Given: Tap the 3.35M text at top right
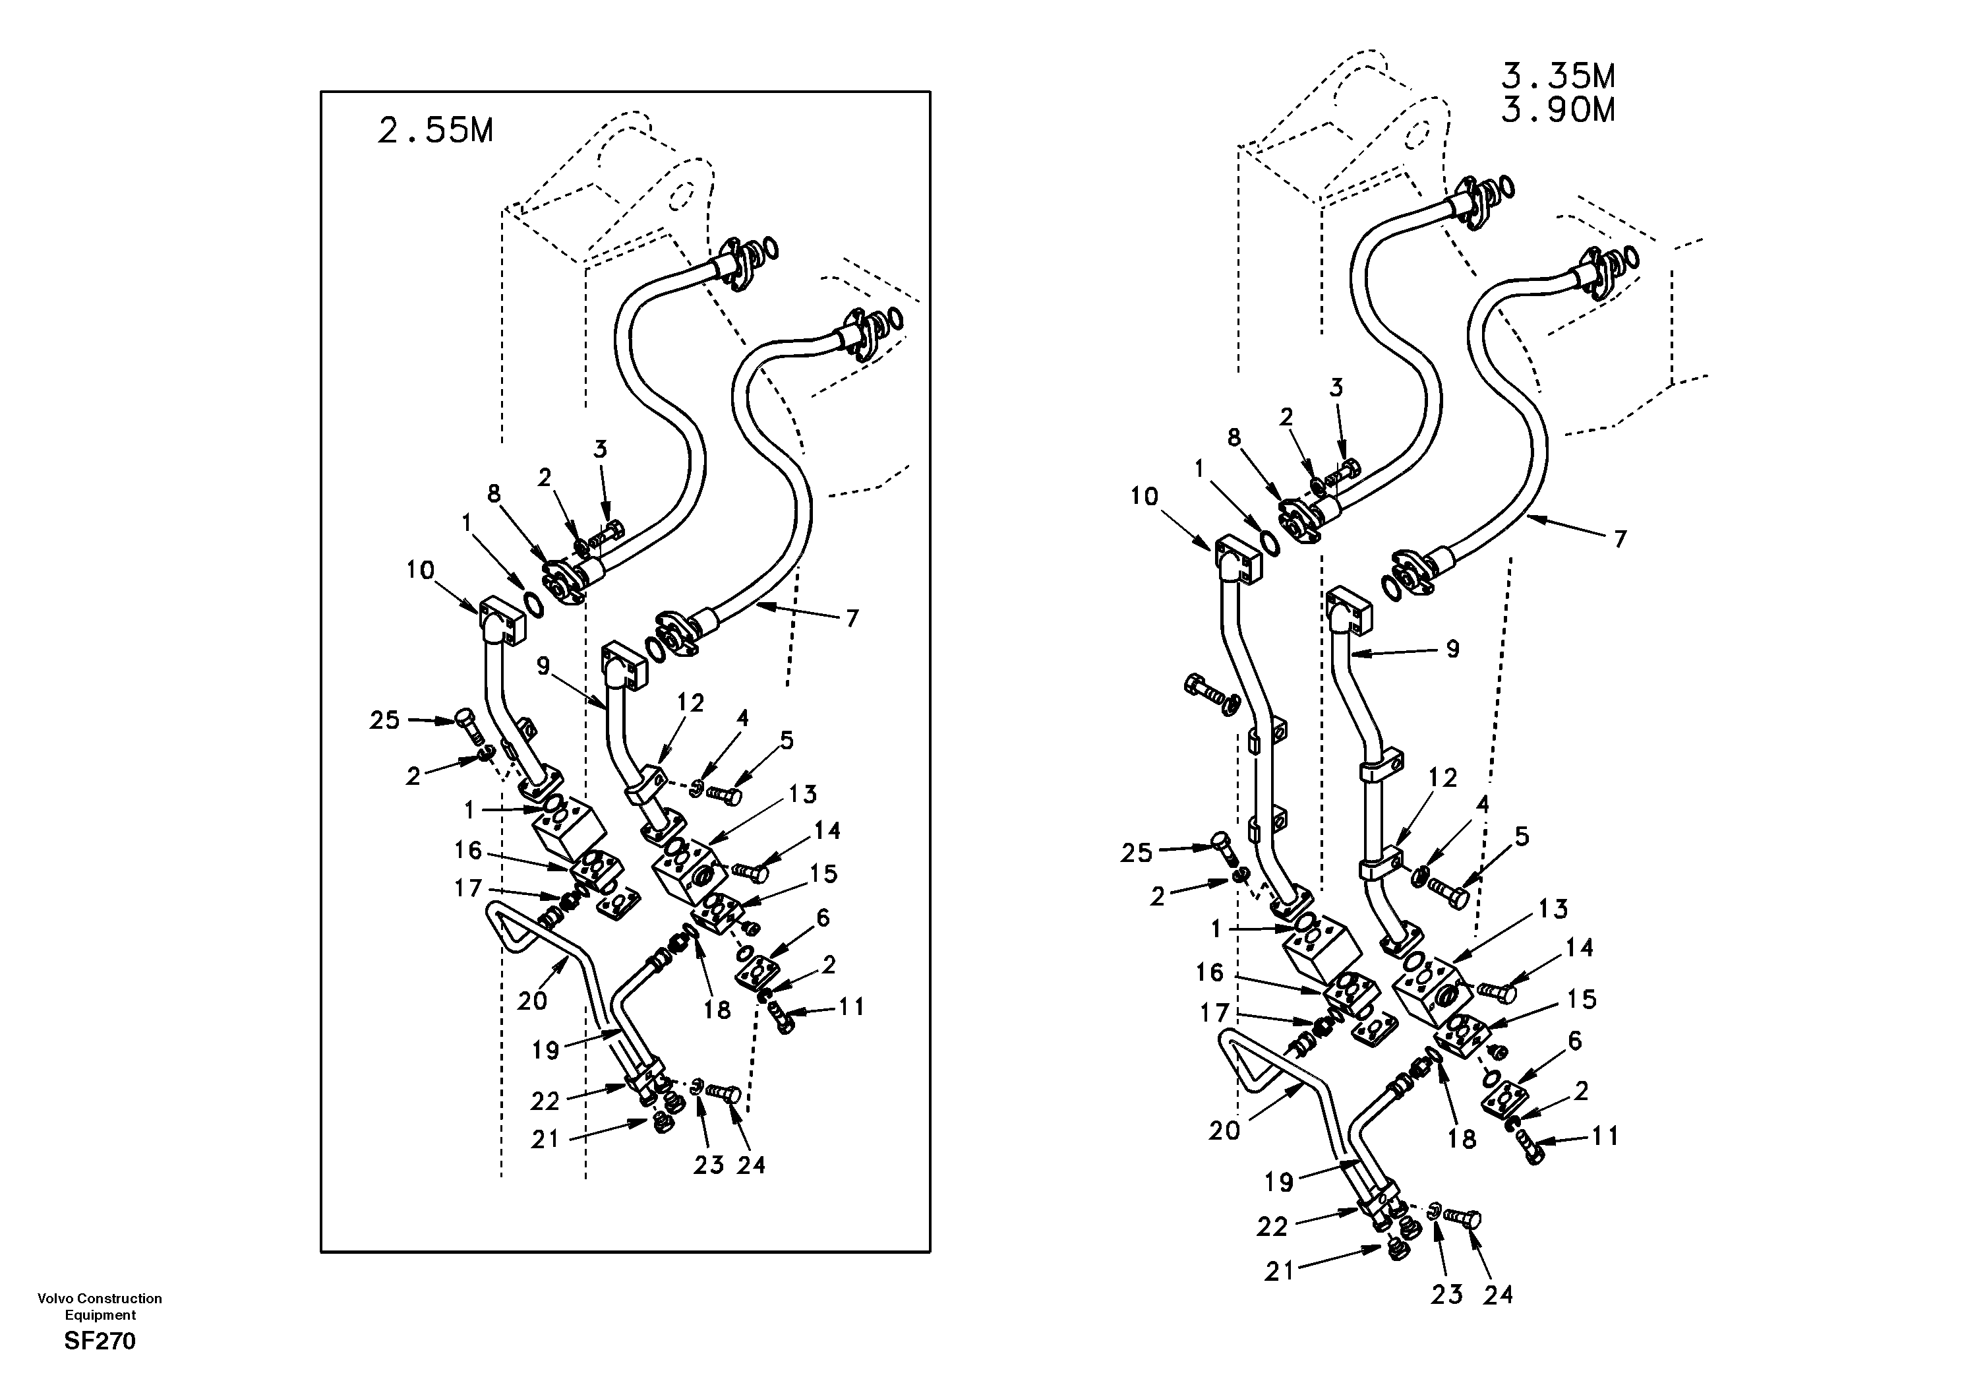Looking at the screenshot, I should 1558,77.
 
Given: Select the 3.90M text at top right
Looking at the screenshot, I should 1558,110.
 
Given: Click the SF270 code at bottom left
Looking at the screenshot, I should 100,1341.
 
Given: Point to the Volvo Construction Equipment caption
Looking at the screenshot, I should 100,1307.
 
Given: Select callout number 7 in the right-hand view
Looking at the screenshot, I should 1620,539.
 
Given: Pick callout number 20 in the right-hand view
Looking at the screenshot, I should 1224,1130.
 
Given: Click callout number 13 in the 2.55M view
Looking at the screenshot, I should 802,794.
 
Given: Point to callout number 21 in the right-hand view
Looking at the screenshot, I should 1279,1272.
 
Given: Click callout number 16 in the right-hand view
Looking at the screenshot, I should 1209,972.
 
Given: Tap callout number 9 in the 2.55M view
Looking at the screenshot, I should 543,666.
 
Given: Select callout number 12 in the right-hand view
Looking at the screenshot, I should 1442,777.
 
